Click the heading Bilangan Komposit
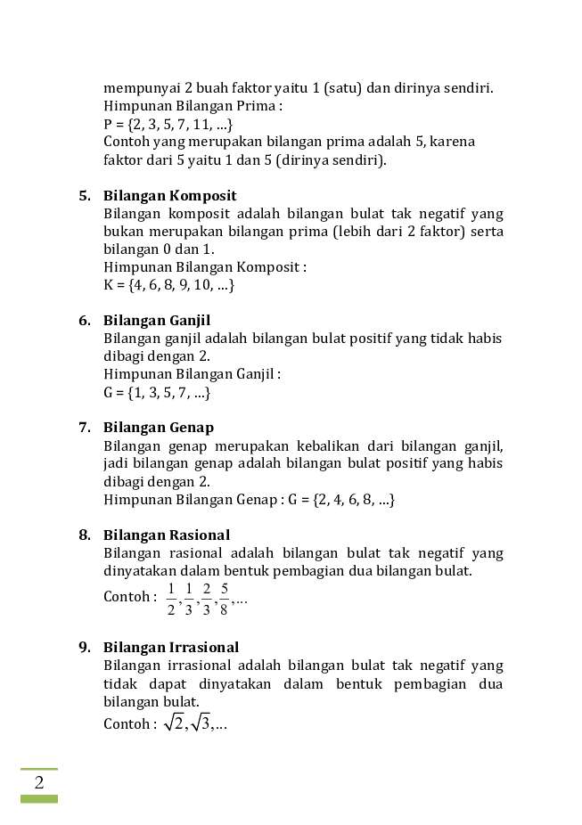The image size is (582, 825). [169, 196]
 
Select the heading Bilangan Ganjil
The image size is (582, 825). [157, 321]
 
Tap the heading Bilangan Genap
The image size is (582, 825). [159, 428]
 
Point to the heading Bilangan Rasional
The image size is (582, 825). [167, 535]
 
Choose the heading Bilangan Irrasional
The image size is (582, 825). [171, 648]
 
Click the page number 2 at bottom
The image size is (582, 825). [39, 783]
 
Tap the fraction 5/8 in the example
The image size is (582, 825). [224, 599]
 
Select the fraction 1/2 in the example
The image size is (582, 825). [171, 599]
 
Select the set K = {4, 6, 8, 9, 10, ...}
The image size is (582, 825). [168, 285]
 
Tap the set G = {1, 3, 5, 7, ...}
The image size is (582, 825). [157, 392]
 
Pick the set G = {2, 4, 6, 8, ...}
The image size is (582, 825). [341, 500]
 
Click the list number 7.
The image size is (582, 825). [85, 428]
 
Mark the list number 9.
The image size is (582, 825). [85, 648]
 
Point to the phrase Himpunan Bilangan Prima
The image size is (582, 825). [192, 106]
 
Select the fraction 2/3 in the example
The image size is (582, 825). [207, 599]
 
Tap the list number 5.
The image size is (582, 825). [85, 196]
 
